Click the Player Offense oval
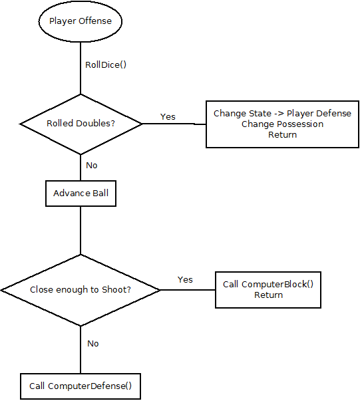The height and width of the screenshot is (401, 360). pos(81,21)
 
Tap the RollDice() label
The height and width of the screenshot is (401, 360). pos(106,65)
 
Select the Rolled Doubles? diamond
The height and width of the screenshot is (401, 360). pos(81,124)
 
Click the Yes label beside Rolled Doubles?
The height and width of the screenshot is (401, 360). pos(168,116)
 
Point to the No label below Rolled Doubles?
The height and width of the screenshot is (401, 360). pos(92,165)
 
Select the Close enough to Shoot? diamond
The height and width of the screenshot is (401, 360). pos(81,290)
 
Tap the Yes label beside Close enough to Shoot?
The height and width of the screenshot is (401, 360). pos(185,279)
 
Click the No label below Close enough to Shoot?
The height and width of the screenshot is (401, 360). pos(93,343)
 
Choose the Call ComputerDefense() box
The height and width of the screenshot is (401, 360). pos(81,386)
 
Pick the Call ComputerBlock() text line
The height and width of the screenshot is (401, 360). pos(268,285)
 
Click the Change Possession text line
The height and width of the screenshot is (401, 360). pos(282,124)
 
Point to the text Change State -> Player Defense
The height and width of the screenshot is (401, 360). pos(282,114)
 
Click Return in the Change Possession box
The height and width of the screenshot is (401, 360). pos(282,134)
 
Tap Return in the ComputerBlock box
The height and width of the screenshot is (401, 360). pos(268,295)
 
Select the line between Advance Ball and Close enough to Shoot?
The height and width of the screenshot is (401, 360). pos(81,229)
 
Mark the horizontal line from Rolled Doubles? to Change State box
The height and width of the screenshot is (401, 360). pos(174,124)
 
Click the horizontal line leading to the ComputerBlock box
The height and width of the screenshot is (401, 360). pos(188,290)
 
